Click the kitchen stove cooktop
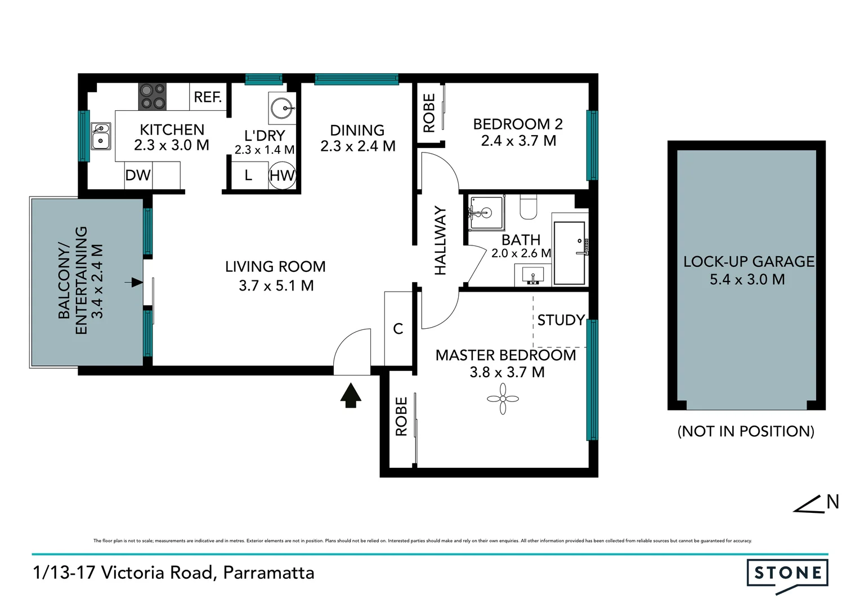pyautogui.click(x=153, y=96)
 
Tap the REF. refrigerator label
pyautogui.click(x=208, y=97)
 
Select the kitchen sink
pyautogui.click(x=101, y=136)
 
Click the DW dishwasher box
pyautogui.click(x=138, y=175)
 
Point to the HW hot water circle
pyautogui.click(x=282, y=175)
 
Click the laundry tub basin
pyautogui.click(x=282, y=108)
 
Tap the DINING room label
pyautogui.click(x=357, y=130)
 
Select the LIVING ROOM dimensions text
pyautogui.click(x=276, y=285)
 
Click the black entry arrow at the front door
pyautogui.click(x=351, y=395)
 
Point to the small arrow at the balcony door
pyautogui.click(x=136, y=282)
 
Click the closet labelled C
pyautogui.click(x=398, y=328)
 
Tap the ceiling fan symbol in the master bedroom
pyautogui.click(x=503, y=399)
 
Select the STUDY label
pyautogui.click(x=561, y=320)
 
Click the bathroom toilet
pyautogui.click(x=528, y=207)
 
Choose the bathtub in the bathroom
pyautogui.click(x=570, y=253)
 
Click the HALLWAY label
pyautogui.click(x=440, y=240)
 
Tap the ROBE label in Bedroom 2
pyautogui.click(x=429, y=113)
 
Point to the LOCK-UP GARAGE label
pyautogui.click(x=748, y=262)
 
